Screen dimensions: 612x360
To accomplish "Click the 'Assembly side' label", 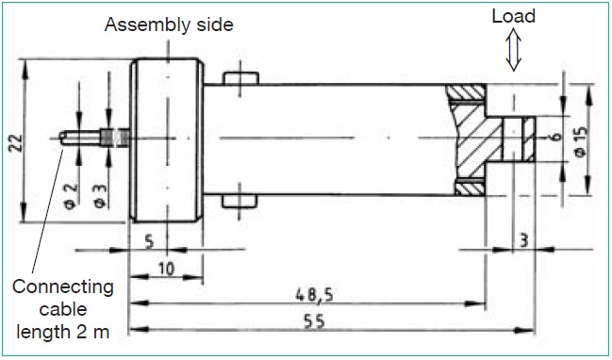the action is tap(169, 25).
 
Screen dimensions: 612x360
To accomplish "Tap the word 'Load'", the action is tap(513, 16).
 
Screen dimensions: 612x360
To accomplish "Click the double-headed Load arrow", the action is tap(513, 51).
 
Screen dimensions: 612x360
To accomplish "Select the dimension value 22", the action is tap(17, 142).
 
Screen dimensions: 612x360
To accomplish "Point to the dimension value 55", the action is tap(315, 322).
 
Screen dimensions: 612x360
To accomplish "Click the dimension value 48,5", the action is tap(314, 295).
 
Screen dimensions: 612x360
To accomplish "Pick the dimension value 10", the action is tap(166, 269).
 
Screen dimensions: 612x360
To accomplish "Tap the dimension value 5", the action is tap(150, 242).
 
